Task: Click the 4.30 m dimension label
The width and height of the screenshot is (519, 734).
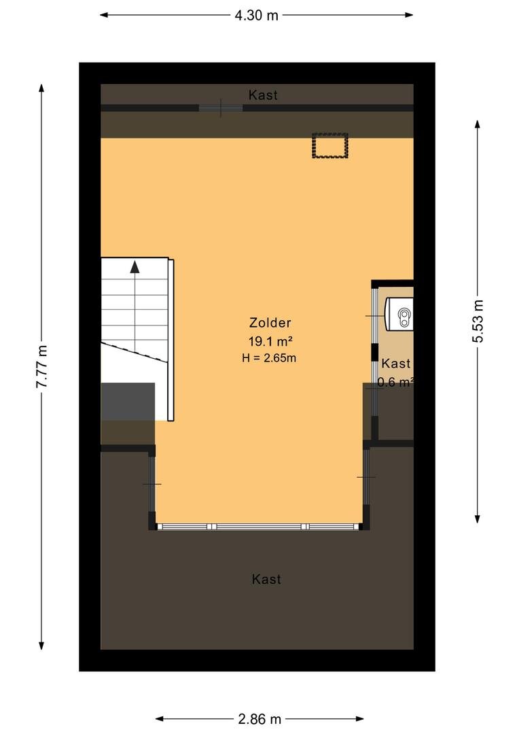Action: [257, 16]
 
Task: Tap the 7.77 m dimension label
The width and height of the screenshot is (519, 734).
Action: [41, 366]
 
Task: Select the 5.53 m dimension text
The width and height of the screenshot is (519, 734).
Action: [478, 321]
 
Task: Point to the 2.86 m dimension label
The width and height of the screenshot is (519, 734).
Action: [259, 719]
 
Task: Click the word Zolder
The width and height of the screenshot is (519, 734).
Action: [270, 323]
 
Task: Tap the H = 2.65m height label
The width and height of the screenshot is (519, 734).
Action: [269, 359]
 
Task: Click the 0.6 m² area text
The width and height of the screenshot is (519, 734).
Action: [395, 382]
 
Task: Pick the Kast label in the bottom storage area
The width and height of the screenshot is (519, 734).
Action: [266, 580]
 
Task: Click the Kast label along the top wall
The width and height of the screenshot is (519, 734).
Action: [263, 96]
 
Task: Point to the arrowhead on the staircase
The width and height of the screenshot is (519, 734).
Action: [135, 267]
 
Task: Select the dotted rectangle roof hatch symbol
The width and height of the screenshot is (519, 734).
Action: [330, 145]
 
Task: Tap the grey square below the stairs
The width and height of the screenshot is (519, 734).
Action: [128, 402]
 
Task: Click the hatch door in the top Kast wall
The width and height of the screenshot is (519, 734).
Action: [221, 108]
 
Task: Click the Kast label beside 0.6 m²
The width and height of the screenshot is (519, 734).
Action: [396, 364]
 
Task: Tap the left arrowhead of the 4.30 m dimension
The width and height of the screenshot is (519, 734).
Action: [105, 15]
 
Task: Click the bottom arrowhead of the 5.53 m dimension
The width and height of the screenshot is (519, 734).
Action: [478, 519]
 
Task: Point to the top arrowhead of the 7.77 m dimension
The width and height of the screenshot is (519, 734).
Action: [41, 89]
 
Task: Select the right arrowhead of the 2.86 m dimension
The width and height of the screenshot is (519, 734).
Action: [359, 718]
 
